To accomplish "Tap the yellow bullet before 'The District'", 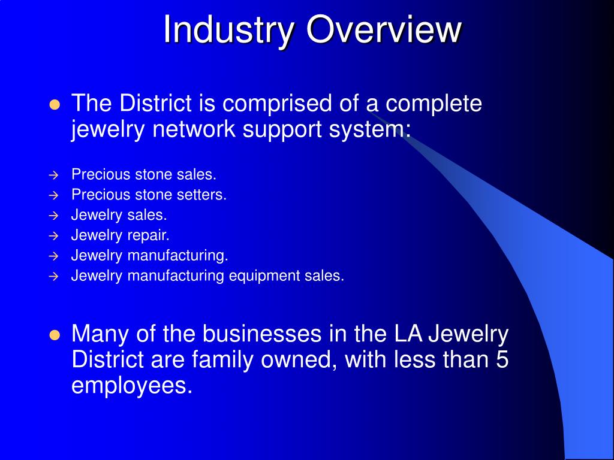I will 55,105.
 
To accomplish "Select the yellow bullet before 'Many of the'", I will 55,335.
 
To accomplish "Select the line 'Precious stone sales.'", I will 143,174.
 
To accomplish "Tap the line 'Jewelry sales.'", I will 119,215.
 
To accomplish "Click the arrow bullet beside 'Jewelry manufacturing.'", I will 53,256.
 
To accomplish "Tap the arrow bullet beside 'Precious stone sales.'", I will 53,175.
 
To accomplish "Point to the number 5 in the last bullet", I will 502,360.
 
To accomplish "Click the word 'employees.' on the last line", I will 132,386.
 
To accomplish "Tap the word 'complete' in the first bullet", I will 433,104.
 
